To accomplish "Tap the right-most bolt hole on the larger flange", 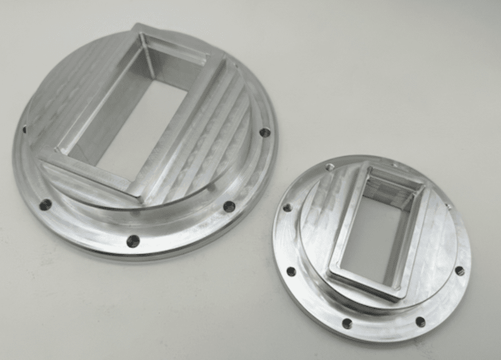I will (x=264, y=132).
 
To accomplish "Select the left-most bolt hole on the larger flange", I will (x=24, y=129).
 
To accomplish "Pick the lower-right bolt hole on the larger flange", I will (x=228, y=207).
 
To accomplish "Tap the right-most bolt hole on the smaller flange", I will (x=460, y=271).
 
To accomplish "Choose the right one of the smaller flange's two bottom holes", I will (x=420, y=322).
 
